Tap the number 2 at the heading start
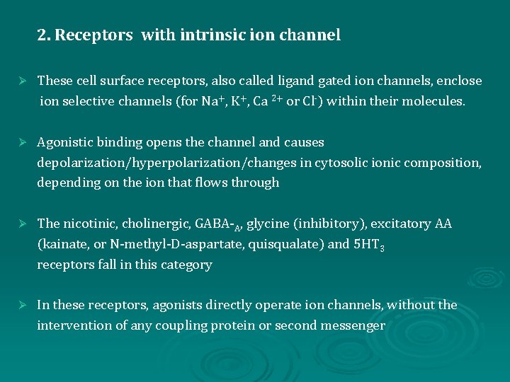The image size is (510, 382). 42,35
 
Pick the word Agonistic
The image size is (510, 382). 66,142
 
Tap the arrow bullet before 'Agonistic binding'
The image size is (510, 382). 22,143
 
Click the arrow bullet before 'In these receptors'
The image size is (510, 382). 22,306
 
